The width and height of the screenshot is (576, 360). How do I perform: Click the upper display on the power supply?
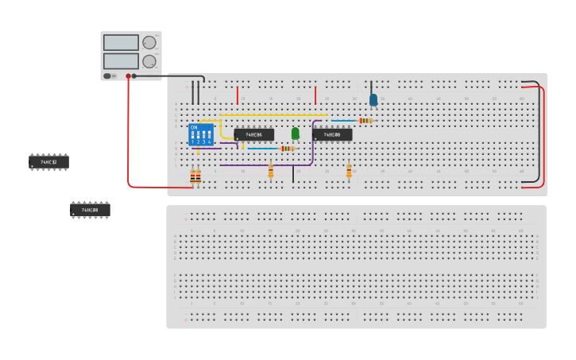[121, 43]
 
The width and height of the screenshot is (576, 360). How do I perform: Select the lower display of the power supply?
[121, 60]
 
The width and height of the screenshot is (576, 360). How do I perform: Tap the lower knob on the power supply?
[149, 61]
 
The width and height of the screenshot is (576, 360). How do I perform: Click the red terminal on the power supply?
[128, 76]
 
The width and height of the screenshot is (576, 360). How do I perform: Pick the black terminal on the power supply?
[134, 76]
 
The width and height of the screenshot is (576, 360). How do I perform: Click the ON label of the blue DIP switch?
[194, 127]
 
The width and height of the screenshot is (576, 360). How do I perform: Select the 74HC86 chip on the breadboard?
[253, 135]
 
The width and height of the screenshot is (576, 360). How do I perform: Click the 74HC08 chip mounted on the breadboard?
[332, 135]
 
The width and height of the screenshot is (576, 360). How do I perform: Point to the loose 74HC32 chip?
[48, 161]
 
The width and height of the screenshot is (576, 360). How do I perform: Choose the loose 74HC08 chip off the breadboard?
[90, 210]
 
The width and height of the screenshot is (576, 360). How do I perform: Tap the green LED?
[296, 133]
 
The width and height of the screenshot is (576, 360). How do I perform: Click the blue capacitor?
[373, 100]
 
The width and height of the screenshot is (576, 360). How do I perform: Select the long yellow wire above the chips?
[274, 115]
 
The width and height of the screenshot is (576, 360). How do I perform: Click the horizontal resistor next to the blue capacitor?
[365, 121]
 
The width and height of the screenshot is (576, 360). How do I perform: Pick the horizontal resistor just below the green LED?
[288, 149]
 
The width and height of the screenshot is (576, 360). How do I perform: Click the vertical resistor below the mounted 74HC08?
[349, 170]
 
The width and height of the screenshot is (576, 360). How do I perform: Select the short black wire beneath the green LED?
[293, 174]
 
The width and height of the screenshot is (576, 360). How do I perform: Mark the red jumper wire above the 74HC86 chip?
[238, 95]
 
